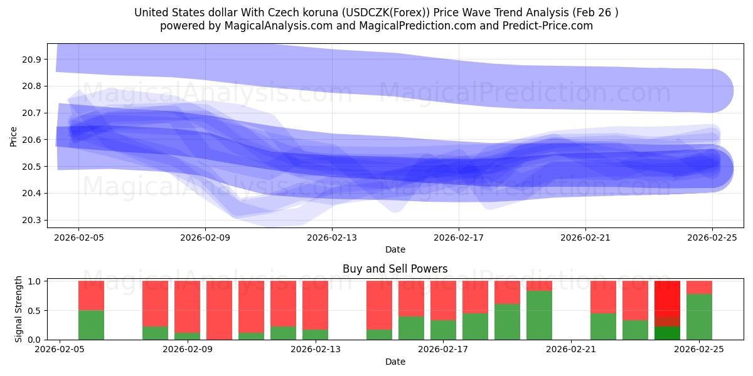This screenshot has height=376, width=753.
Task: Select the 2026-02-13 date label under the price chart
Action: pos(332,238)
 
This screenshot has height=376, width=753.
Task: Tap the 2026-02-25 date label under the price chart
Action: pos(712,238)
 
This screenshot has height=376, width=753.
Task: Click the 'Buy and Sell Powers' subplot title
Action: pos(395,269)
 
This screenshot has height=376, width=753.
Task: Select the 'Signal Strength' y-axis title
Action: pos(19,309)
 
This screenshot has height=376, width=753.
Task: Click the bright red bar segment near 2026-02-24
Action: pos(667,298)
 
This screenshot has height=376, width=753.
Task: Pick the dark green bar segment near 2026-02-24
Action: pos(667,333)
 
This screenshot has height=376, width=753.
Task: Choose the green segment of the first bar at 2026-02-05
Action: pos(91,325)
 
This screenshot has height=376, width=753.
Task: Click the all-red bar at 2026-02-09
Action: pos(219,310)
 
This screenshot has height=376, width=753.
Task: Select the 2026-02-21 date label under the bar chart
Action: pos(571,350)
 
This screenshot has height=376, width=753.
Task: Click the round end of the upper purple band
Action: pos(712,90)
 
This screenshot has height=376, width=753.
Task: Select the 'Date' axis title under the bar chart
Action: pos(395,362)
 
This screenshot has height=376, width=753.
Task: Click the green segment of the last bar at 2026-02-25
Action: pos(699,316)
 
